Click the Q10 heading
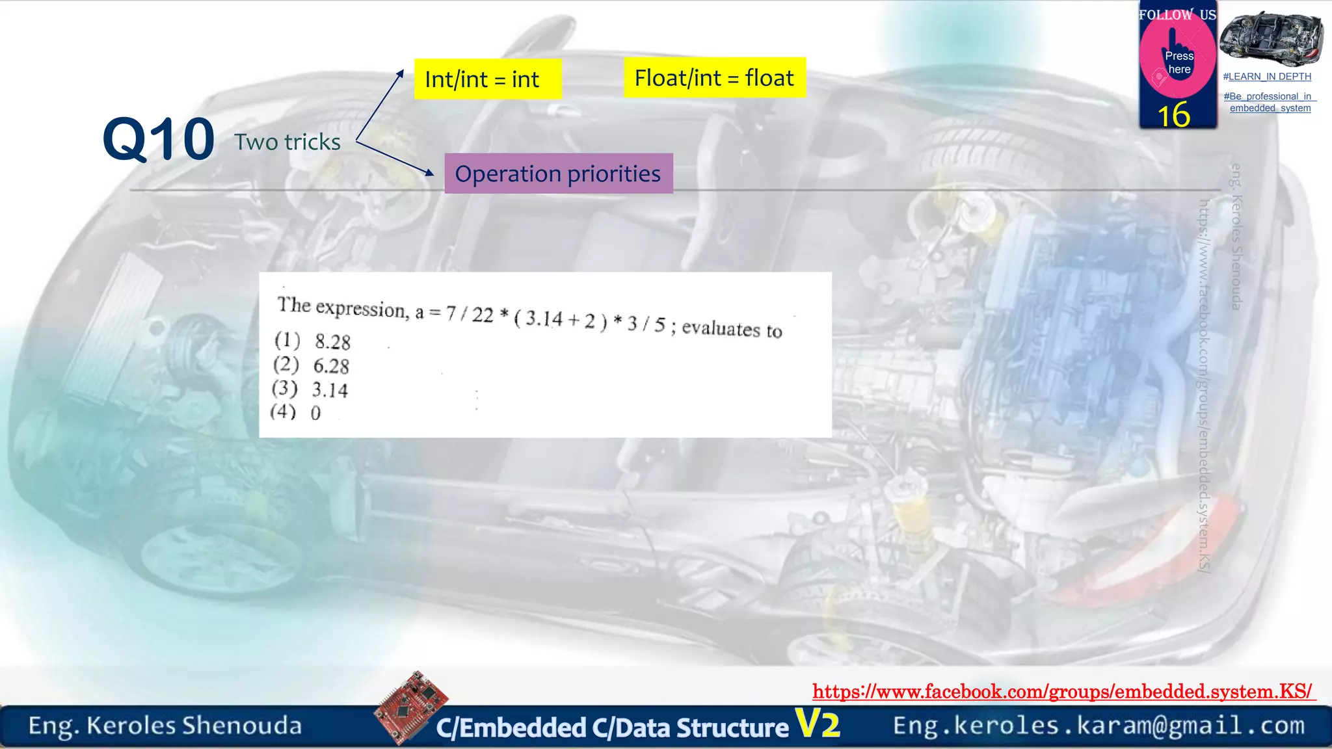159,139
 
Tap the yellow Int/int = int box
487,79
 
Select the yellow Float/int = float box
714,78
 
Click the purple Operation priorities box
558,174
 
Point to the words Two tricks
287,142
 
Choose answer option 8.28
332,342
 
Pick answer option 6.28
331,366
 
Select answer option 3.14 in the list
330,390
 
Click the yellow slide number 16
1174,115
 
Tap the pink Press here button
1178,62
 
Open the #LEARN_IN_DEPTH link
1267,77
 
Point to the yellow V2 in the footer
818,724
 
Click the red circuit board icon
411,707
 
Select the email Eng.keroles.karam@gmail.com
1099,726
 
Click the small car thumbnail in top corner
1271,38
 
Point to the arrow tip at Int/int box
402,72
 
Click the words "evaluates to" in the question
732,329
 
